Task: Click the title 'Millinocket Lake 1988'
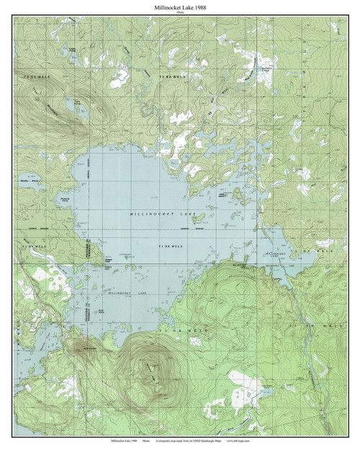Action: [179, 6]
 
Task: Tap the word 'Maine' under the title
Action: [179, 14]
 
